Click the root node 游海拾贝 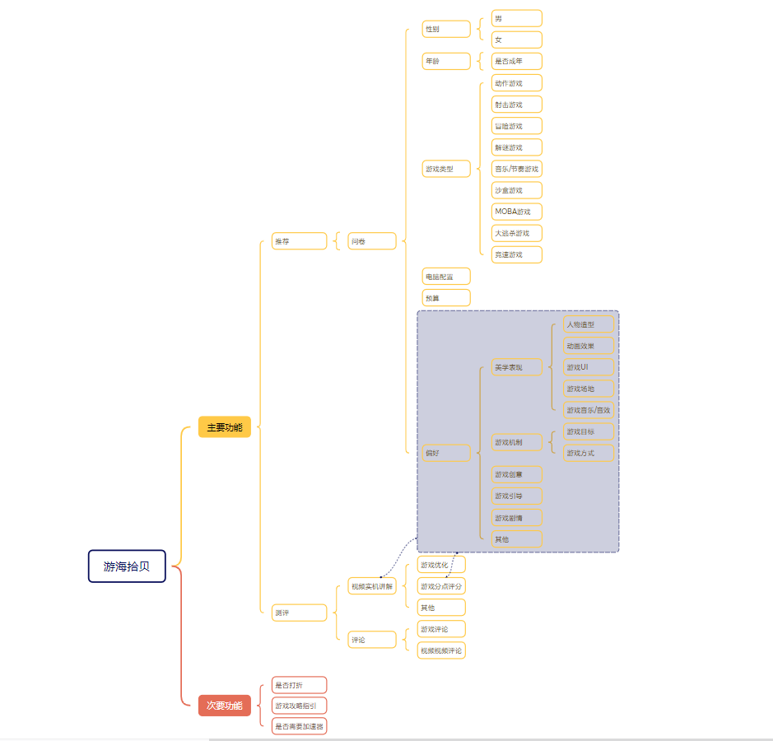[127, 566]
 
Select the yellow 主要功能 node [224, 427]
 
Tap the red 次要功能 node [224, 706]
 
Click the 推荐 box [299, 241]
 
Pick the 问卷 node [371, 241]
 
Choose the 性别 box [446, 30]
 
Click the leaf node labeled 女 [517, 40]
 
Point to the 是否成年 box [517, 61]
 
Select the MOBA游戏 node [517, 212]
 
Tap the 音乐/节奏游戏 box [517, 169]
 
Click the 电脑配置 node [446, 277]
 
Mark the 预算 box [446, 298]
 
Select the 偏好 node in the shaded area [446, 453]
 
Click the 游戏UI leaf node [589, 367]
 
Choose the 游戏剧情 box [517, 518]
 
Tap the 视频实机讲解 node [371, 586]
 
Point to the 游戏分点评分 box [441, 586]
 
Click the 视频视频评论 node [441, 650]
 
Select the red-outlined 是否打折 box [299, 685]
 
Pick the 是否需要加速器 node [299, 726]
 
